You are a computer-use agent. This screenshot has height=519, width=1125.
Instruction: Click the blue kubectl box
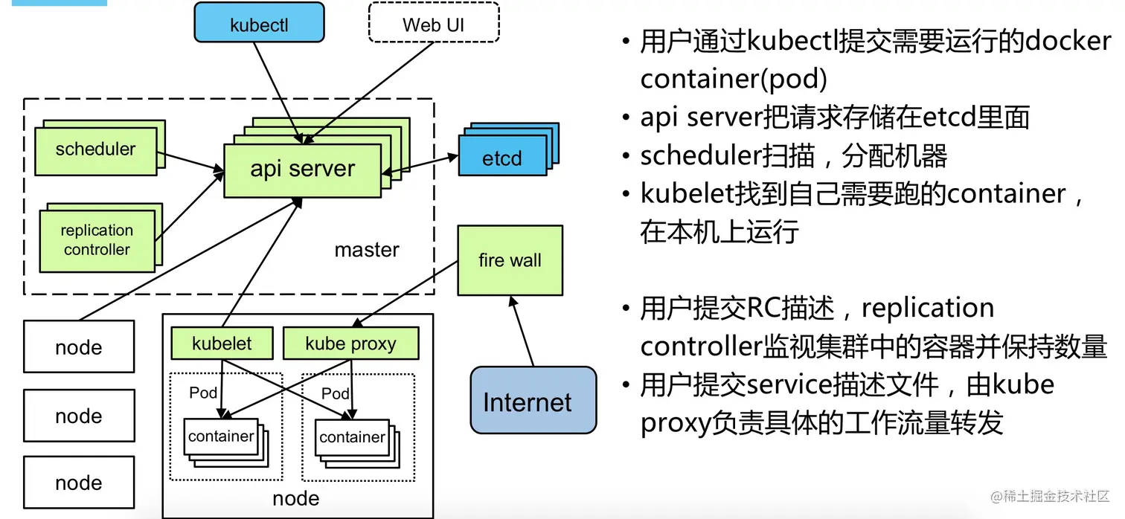click(x=259, y=22)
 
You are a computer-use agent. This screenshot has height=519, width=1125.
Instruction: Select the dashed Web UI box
click(x=434, y=22)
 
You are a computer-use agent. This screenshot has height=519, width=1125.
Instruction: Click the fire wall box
click(x=510, y=260)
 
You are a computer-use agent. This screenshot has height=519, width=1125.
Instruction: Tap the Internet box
click(x=533, y=400)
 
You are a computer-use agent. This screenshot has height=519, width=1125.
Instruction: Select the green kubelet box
click(x=222, y=344)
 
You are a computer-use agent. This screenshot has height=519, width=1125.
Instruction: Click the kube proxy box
click(x=351, y=344)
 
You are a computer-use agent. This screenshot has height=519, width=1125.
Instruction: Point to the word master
click(x=367, y=249)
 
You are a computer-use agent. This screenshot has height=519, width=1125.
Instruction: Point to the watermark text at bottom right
click(x=1050, y=497)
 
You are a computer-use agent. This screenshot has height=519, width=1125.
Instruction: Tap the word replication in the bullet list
click(x=928, y=307)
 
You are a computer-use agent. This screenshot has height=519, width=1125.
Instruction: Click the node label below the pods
click(x=296, y=498)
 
